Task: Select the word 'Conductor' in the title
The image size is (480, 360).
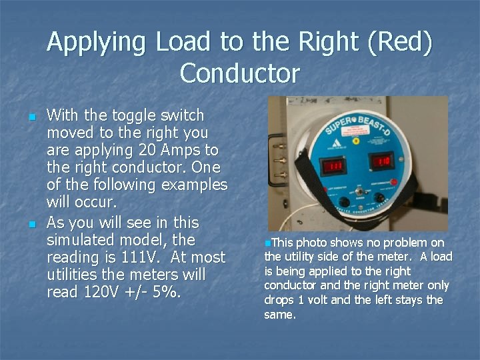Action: (x=240, y=73)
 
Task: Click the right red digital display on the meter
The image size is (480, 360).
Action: (x=382, y=161)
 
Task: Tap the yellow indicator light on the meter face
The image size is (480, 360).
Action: (x=355, y=141)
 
